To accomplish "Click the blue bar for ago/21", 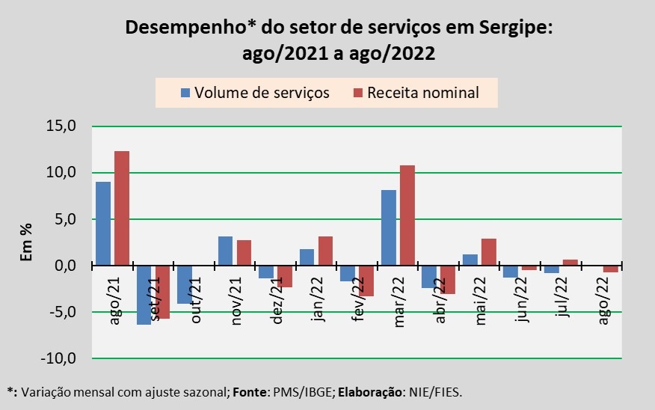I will click(103, 224).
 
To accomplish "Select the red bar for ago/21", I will click(122, 209).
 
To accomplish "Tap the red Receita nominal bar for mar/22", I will click(408, 215).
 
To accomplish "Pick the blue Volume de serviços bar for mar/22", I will click(389, 228).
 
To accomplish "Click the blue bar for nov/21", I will click(225, 251).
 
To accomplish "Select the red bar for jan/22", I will click(325, 251).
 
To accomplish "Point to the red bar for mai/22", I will click(488, 252).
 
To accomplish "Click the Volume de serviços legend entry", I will click(254, 93).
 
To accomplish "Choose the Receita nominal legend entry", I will click(416, 93).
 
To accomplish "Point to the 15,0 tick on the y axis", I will click(63, 126).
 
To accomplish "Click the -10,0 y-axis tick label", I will click(60, 358).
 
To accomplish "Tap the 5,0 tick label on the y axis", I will click(66, 219).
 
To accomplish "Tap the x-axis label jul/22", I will click(565, 297).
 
